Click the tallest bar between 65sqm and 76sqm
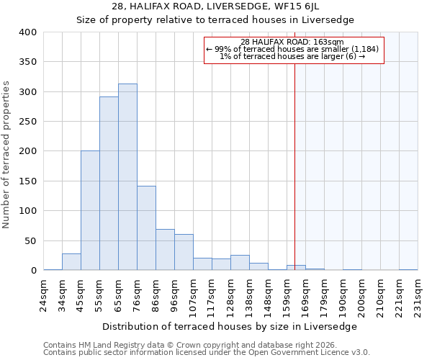[x=127, y=177]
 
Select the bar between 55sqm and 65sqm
[x=109, y=184]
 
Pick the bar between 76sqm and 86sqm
[x=146, y=228]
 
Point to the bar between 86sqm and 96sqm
[x=165, y=250]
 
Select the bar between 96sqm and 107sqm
[x=184, y=252]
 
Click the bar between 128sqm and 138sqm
[x=240, y=263]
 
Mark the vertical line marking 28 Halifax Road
[x=294, y=166]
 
